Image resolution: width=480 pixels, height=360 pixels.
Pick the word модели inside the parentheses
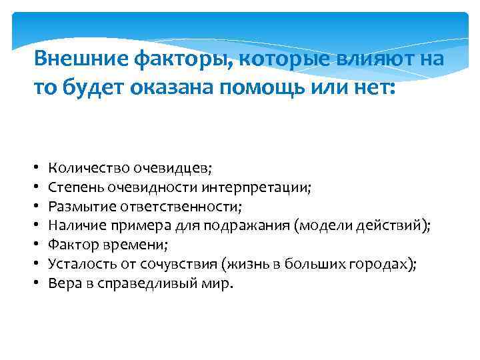coord(328,226)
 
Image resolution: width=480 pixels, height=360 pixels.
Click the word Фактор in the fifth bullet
coord(74,245)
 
